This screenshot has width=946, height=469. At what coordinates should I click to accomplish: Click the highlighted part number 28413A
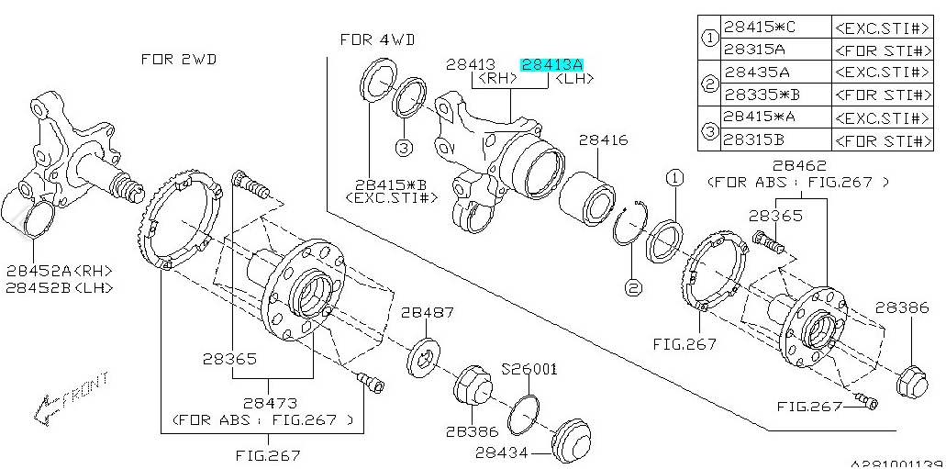click(x=551, y=64)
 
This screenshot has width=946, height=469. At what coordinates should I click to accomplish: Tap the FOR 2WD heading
click(x=179, y=59)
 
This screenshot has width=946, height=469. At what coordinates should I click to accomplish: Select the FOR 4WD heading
click(x=377, y=39)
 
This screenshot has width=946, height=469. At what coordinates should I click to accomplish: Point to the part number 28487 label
click(x=427, y=312)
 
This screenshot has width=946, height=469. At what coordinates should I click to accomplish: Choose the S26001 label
click(x=529, y=369)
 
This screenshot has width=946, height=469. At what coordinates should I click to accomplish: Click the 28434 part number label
click(x=502, y=452)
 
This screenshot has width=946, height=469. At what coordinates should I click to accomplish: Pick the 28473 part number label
click(x=270, y=403)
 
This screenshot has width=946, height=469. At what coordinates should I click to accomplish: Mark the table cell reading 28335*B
click(x=762, y=95)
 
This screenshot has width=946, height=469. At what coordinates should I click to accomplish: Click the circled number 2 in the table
click(x=709, y=84)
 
